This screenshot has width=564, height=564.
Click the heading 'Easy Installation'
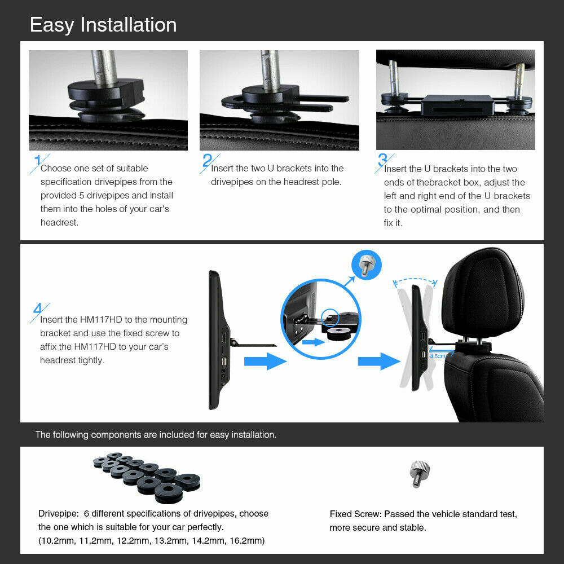point(103,25)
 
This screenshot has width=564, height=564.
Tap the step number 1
point(37,161)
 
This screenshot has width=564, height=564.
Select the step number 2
point(208,161)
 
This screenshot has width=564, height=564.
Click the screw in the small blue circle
point(366,263)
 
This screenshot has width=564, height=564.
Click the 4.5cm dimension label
point(437,356)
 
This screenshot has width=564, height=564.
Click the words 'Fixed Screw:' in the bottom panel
point(355,514)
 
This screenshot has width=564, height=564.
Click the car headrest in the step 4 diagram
point(483,299)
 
